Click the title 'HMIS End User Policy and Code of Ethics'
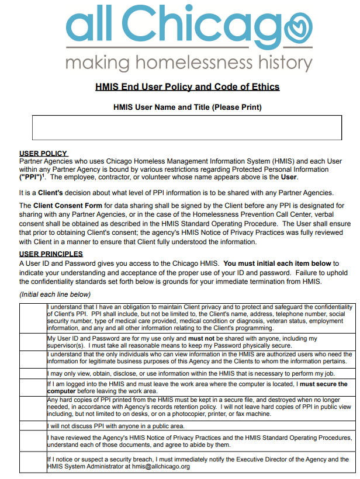click(x=187, y=87)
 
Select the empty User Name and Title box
click(x=187, y=127)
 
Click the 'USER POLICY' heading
click(x=43, y=154)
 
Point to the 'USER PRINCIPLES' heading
click(x=51, y=254)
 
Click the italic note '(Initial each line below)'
click(x=55, y=294)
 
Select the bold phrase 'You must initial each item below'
click(x=278, y=263)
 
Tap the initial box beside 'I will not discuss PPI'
click(x=33, y=426)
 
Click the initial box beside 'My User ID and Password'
click(x=33, y=342)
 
